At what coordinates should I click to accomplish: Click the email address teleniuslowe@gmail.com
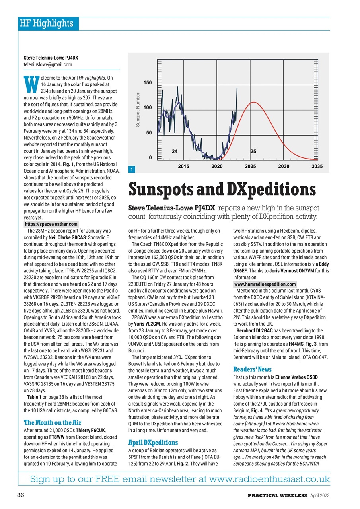[48, 64]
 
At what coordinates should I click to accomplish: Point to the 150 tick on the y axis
[148, 83]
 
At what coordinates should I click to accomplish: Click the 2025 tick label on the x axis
[250, 166]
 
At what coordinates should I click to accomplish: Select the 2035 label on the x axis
[317, 166]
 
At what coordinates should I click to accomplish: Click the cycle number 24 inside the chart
[174, 151]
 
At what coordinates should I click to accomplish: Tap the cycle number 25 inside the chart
[253, 151]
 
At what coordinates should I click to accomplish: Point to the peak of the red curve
[253, 103]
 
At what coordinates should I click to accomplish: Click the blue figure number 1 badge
[131, 170]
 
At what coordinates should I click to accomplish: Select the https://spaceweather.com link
[51, 224]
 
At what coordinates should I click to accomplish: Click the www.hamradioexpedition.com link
[265, 284]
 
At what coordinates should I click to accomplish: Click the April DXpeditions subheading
[153, 442]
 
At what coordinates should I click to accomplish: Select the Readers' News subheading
[252, 369]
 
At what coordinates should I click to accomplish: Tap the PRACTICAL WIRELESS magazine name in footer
[277, 495]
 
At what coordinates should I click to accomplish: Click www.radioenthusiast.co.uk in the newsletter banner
[269, 479]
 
